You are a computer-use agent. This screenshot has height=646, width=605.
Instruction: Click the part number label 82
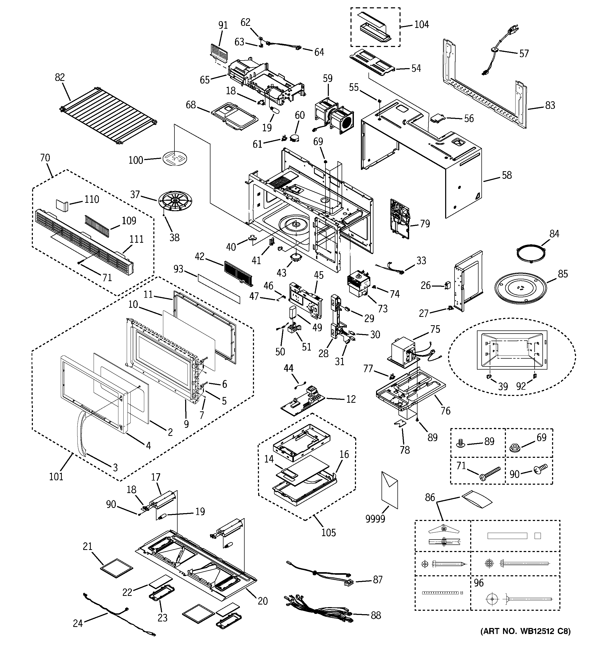[x=60, y=77]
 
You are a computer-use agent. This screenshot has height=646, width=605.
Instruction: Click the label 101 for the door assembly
[x=56, y=477]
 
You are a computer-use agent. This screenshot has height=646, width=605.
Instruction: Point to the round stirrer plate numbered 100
[x=175, y=158]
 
